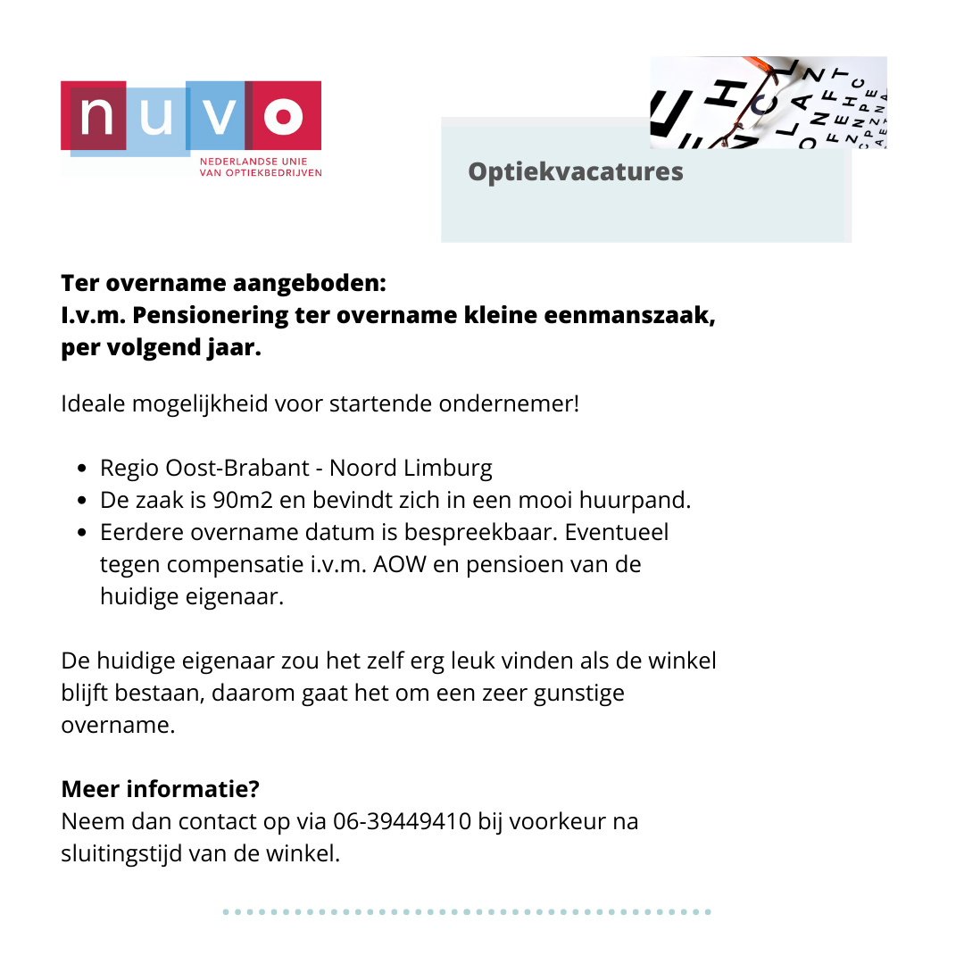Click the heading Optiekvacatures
(x=576, y=171)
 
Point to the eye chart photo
(x=769, y=102)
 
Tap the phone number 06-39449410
(x=402, y=821)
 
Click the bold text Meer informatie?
(x=161, y=789)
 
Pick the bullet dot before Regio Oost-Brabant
(x=83, y=469)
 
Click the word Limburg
(x=448, y=468)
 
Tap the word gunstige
(x=579, y=693)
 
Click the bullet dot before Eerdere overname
(x=83, y=533)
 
